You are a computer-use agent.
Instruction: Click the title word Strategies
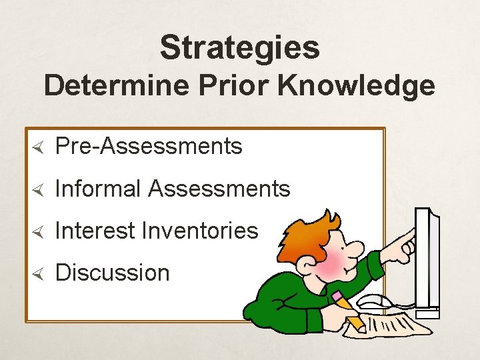point(239,48)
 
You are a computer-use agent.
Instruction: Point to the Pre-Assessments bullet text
point(149,146)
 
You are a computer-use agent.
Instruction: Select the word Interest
point(96,231)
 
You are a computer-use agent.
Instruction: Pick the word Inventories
point(201,231)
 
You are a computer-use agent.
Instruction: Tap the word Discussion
point(113,273)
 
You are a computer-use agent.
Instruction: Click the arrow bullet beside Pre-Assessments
point(38,147)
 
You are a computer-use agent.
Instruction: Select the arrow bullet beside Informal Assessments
point(38,189)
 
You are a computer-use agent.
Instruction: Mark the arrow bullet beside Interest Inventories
point(38,231)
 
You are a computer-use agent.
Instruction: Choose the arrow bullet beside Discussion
point(38,273)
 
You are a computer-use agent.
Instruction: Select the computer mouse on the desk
point(377,301)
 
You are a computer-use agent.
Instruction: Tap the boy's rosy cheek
point(333,264)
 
